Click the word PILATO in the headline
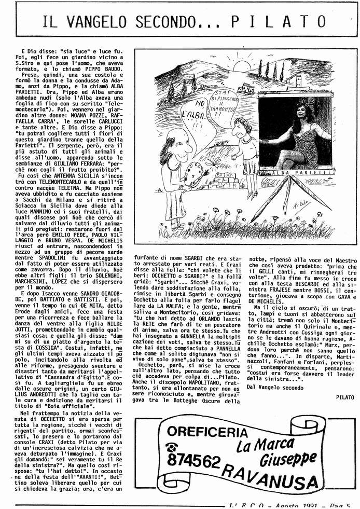click(279, 22)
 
